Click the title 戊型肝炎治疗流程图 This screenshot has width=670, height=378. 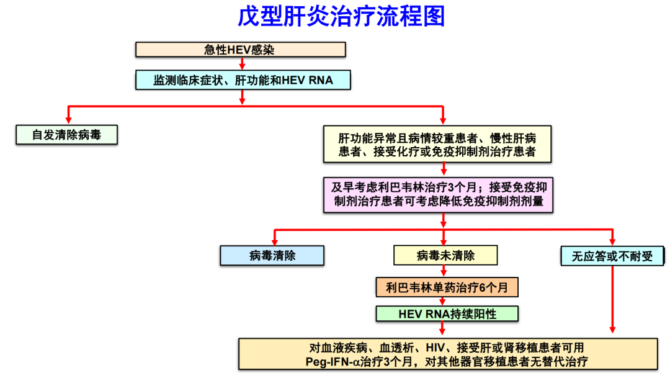tap(341, 17)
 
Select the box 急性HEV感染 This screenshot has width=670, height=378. tap(241, 50)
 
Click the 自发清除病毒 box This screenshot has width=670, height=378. tap(66, 135)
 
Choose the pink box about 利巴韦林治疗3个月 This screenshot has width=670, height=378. tap(438, 194)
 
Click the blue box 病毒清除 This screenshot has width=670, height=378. tap(272, 256)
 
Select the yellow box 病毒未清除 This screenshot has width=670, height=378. tap(445, 255)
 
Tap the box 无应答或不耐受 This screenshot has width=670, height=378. tap(612, 256)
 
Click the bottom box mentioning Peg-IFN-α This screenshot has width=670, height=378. tap(447, 354)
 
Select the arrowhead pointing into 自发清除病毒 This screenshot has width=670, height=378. tap(68, 120)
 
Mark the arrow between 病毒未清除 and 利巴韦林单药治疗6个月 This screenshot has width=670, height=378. tap(444, 271)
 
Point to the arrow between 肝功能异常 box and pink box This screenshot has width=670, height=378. tap(444, 169)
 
